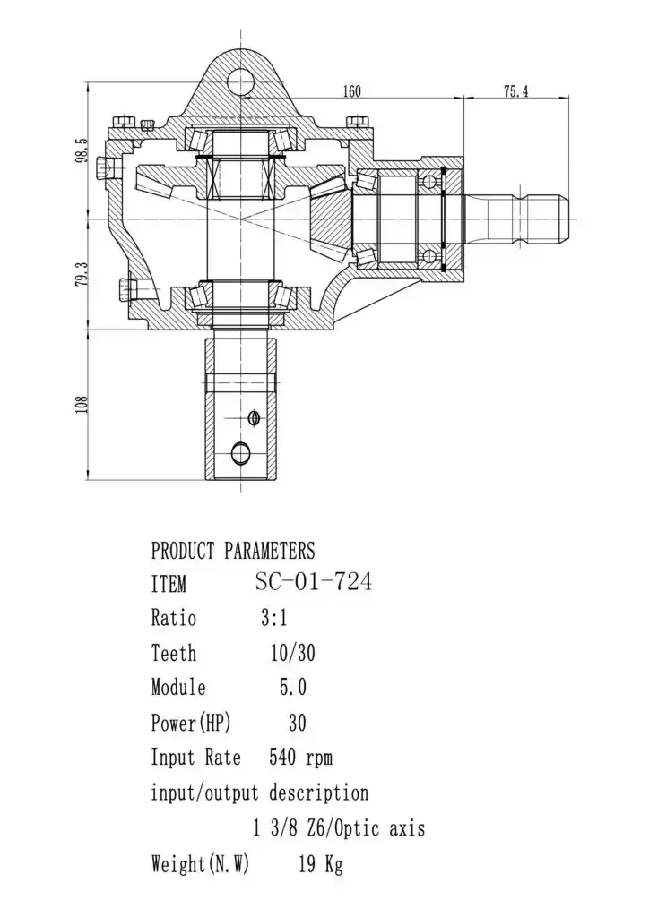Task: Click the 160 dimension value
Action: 351,91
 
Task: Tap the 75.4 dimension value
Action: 516,91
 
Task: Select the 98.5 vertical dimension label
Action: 82,150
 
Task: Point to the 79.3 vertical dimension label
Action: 82,274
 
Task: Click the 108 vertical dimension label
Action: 82,405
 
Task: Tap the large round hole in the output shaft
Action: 240,452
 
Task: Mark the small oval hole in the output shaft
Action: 254,418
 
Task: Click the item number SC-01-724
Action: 313,582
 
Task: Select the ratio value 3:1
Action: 274,618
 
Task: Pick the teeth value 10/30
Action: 292,653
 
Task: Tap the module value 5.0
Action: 292,687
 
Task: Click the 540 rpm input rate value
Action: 301,758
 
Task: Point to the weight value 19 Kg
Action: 321,864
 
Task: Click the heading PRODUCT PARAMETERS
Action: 233,551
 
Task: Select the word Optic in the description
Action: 359,829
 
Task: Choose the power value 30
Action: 298,723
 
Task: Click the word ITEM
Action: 169,584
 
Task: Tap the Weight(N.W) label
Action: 200,864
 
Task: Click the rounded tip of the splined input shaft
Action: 567,219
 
